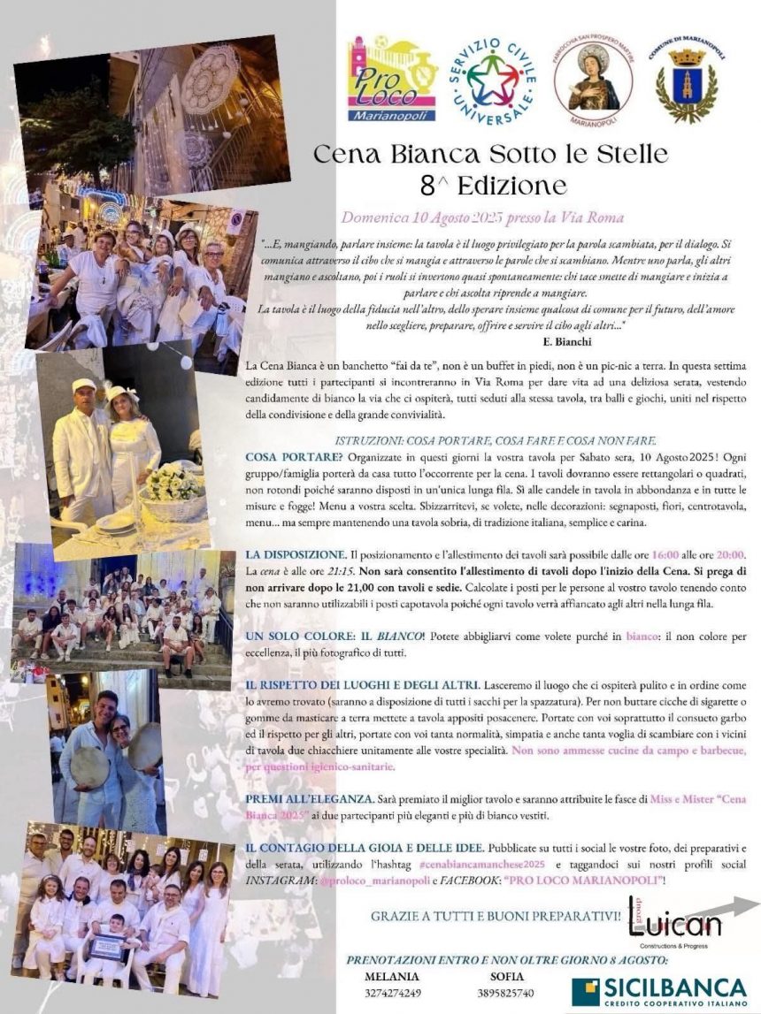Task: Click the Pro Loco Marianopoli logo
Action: click(x=391, y=79)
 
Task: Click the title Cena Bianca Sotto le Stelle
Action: click(x=491, y=155)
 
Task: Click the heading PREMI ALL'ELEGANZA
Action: click(x=299, y=798)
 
